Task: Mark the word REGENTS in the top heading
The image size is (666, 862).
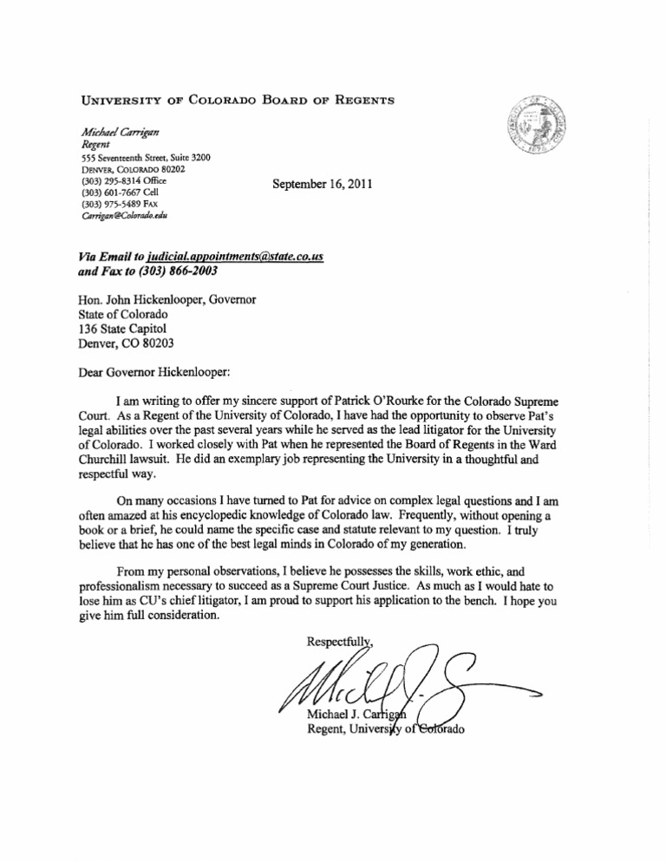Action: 357,100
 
